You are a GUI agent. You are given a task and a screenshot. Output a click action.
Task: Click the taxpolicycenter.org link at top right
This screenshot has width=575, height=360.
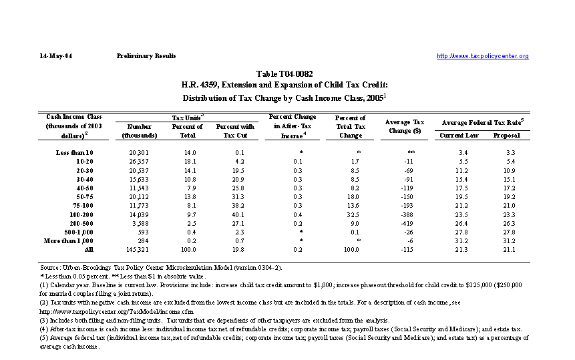[482, 56]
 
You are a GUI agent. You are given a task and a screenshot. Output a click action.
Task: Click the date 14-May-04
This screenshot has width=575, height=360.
[55, 56]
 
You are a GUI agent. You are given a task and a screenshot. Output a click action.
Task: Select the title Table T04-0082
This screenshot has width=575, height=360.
[284, 73]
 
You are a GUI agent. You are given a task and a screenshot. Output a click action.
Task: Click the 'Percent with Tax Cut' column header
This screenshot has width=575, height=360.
[236, 130]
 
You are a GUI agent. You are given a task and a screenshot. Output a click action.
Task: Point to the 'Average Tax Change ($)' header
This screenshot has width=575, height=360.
[405, 126]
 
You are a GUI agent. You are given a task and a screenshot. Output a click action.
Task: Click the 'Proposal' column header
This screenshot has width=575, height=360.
[507, 136]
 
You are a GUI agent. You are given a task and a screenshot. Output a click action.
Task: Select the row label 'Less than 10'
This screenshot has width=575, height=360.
[75, 153]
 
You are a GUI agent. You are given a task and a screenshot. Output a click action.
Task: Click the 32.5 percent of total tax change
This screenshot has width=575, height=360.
[351, 214]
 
